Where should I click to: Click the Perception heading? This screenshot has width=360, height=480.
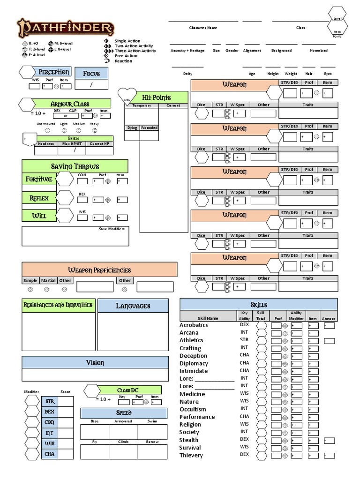click(x=53, y=72)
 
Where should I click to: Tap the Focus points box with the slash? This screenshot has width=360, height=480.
click(x=91, y=85)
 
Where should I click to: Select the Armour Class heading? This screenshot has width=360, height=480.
click(x=69, y=104)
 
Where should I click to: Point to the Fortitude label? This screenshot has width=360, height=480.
click(x=39, y=179)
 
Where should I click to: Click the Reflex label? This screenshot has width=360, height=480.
click(x=39, y=198)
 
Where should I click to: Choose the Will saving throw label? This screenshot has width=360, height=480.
click(x=39, y=216)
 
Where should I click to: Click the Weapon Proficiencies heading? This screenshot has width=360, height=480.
click(x=99, y=270)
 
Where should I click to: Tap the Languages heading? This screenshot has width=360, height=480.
click(x=133, y=306)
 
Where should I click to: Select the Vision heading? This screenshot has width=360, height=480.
click(x=95, y=362)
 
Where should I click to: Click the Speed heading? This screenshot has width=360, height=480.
click(x=124, y=413)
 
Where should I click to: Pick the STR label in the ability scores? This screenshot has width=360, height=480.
click(x=49, y=401)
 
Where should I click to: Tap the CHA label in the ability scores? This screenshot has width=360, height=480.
click(x=49, y=454)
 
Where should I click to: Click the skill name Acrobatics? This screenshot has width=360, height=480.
click(x=194, y=325)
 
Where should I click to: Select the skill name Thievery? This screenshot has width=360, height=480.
click(x=191, y=455)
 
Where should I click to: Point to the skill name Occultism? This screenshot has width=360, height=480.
click(x=193, y=409)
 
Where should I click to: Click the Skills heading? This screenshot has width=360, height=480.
click(x=259, y=304)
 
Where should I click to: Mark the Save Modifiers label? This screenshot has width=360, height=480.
click(x=112, y=229)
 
